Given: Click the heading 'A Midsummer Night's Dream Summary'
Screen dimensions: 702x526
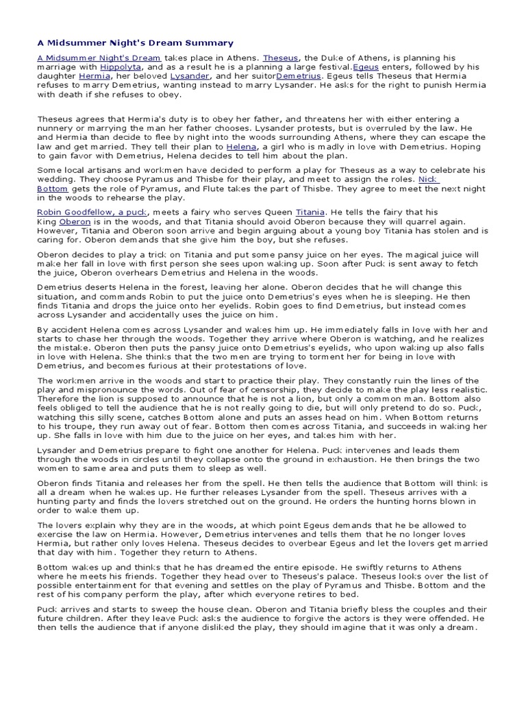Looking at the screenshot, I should pos(135,43).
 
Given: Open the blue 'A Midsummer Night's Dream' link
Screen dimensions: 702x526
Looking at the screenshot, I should pos(99,58).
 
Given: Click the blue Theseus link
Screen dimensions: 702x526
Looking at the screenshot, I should pos(280,58).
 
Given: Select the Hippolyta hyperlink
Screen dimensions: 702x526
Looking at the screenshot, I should pos(121,67).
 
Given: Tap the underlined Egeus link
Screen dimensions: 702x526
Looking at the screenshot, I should pos(366,67).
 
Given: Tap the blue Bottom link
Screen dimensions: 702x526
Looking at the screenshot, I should pos(53,188).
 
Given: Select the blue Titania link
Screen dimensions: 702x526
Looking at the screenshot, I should pos(310,213).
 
